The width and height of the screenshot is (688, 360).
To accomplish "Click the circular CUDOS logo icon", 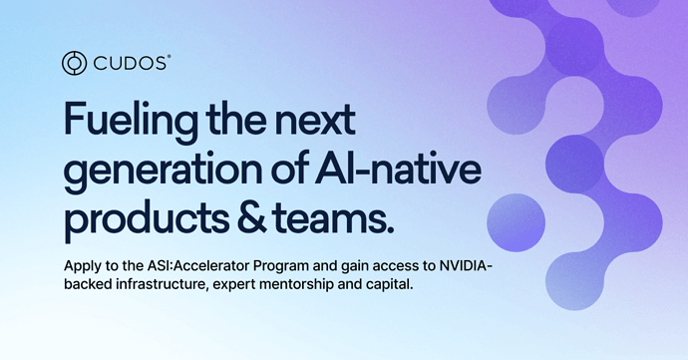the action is (x=74, y=63).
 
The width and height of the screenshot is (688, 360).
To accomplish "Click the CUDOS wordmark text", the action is (x=130, y=64).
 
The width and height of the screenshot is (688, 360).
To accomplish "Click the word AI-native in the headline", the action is (x=398, y=168).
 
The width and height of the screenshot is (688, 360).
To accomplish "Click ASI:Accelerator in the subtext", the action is (x=196, y=265).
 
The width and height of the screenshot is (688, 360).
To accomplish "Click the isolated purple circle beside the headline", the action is (x=516, y=222).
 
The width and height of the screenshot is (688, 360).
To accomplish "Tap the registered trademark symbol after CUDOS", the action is (x=169, y=57).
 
